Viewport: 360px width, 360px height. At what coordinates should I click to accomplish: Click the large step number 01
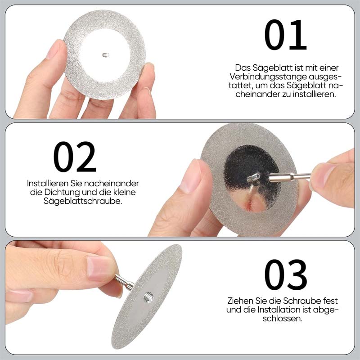coord(286,35)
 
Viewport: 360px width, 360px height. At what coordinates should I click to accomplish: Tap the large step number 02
coord(75,157)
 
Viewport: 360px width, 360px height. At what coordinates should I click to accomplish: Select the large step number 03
coord(286,274)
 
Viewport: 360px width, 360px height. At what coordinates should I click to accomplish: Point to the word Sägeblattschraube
coord(83,201)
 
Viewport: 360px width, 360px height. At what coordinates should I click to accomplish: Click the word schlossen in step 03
coord(283,318)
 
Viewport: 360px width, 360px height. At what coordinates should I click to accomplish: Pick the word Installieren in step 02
coord(48,183)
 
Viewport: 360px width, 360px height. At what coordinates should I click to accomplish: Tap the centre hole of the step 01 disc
coord(105,55)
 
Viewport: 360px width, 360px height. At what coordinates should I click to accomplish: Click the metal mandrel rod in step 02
coord(289,177)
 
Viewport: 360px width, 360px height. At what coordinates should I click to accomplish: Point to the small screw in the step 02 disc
coord(253,177)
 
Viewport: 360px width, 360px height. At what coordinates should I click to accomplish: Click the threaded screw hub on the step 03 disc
coord(148,297)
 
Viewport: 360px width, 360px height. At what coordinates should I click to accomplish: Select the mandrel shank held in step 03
coord(125,282)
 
